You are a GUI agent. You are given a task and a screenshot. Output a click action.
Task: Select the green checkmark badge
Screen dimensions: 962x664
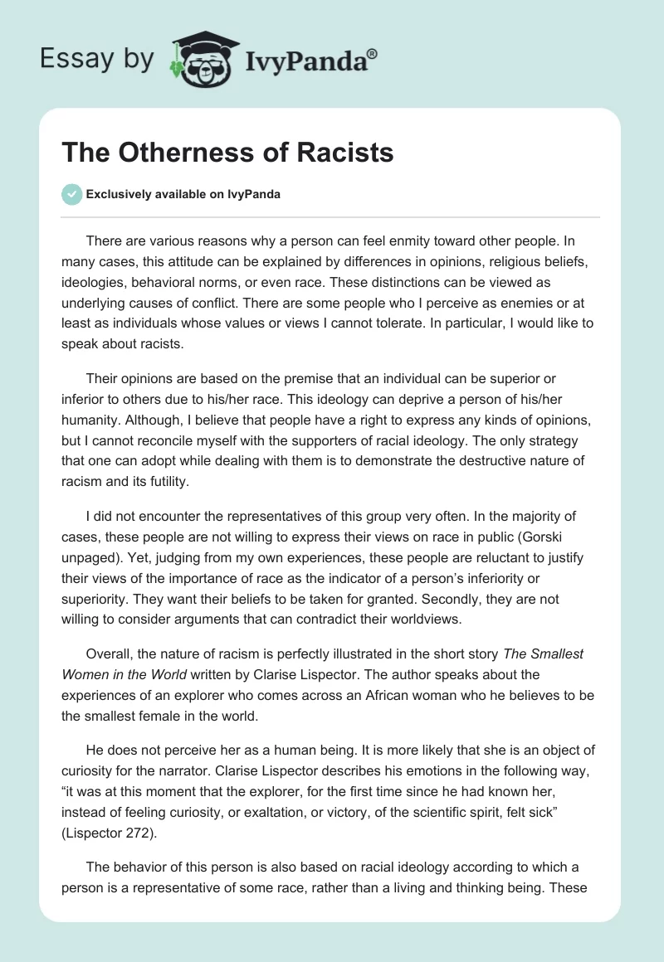click(71, 194)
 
